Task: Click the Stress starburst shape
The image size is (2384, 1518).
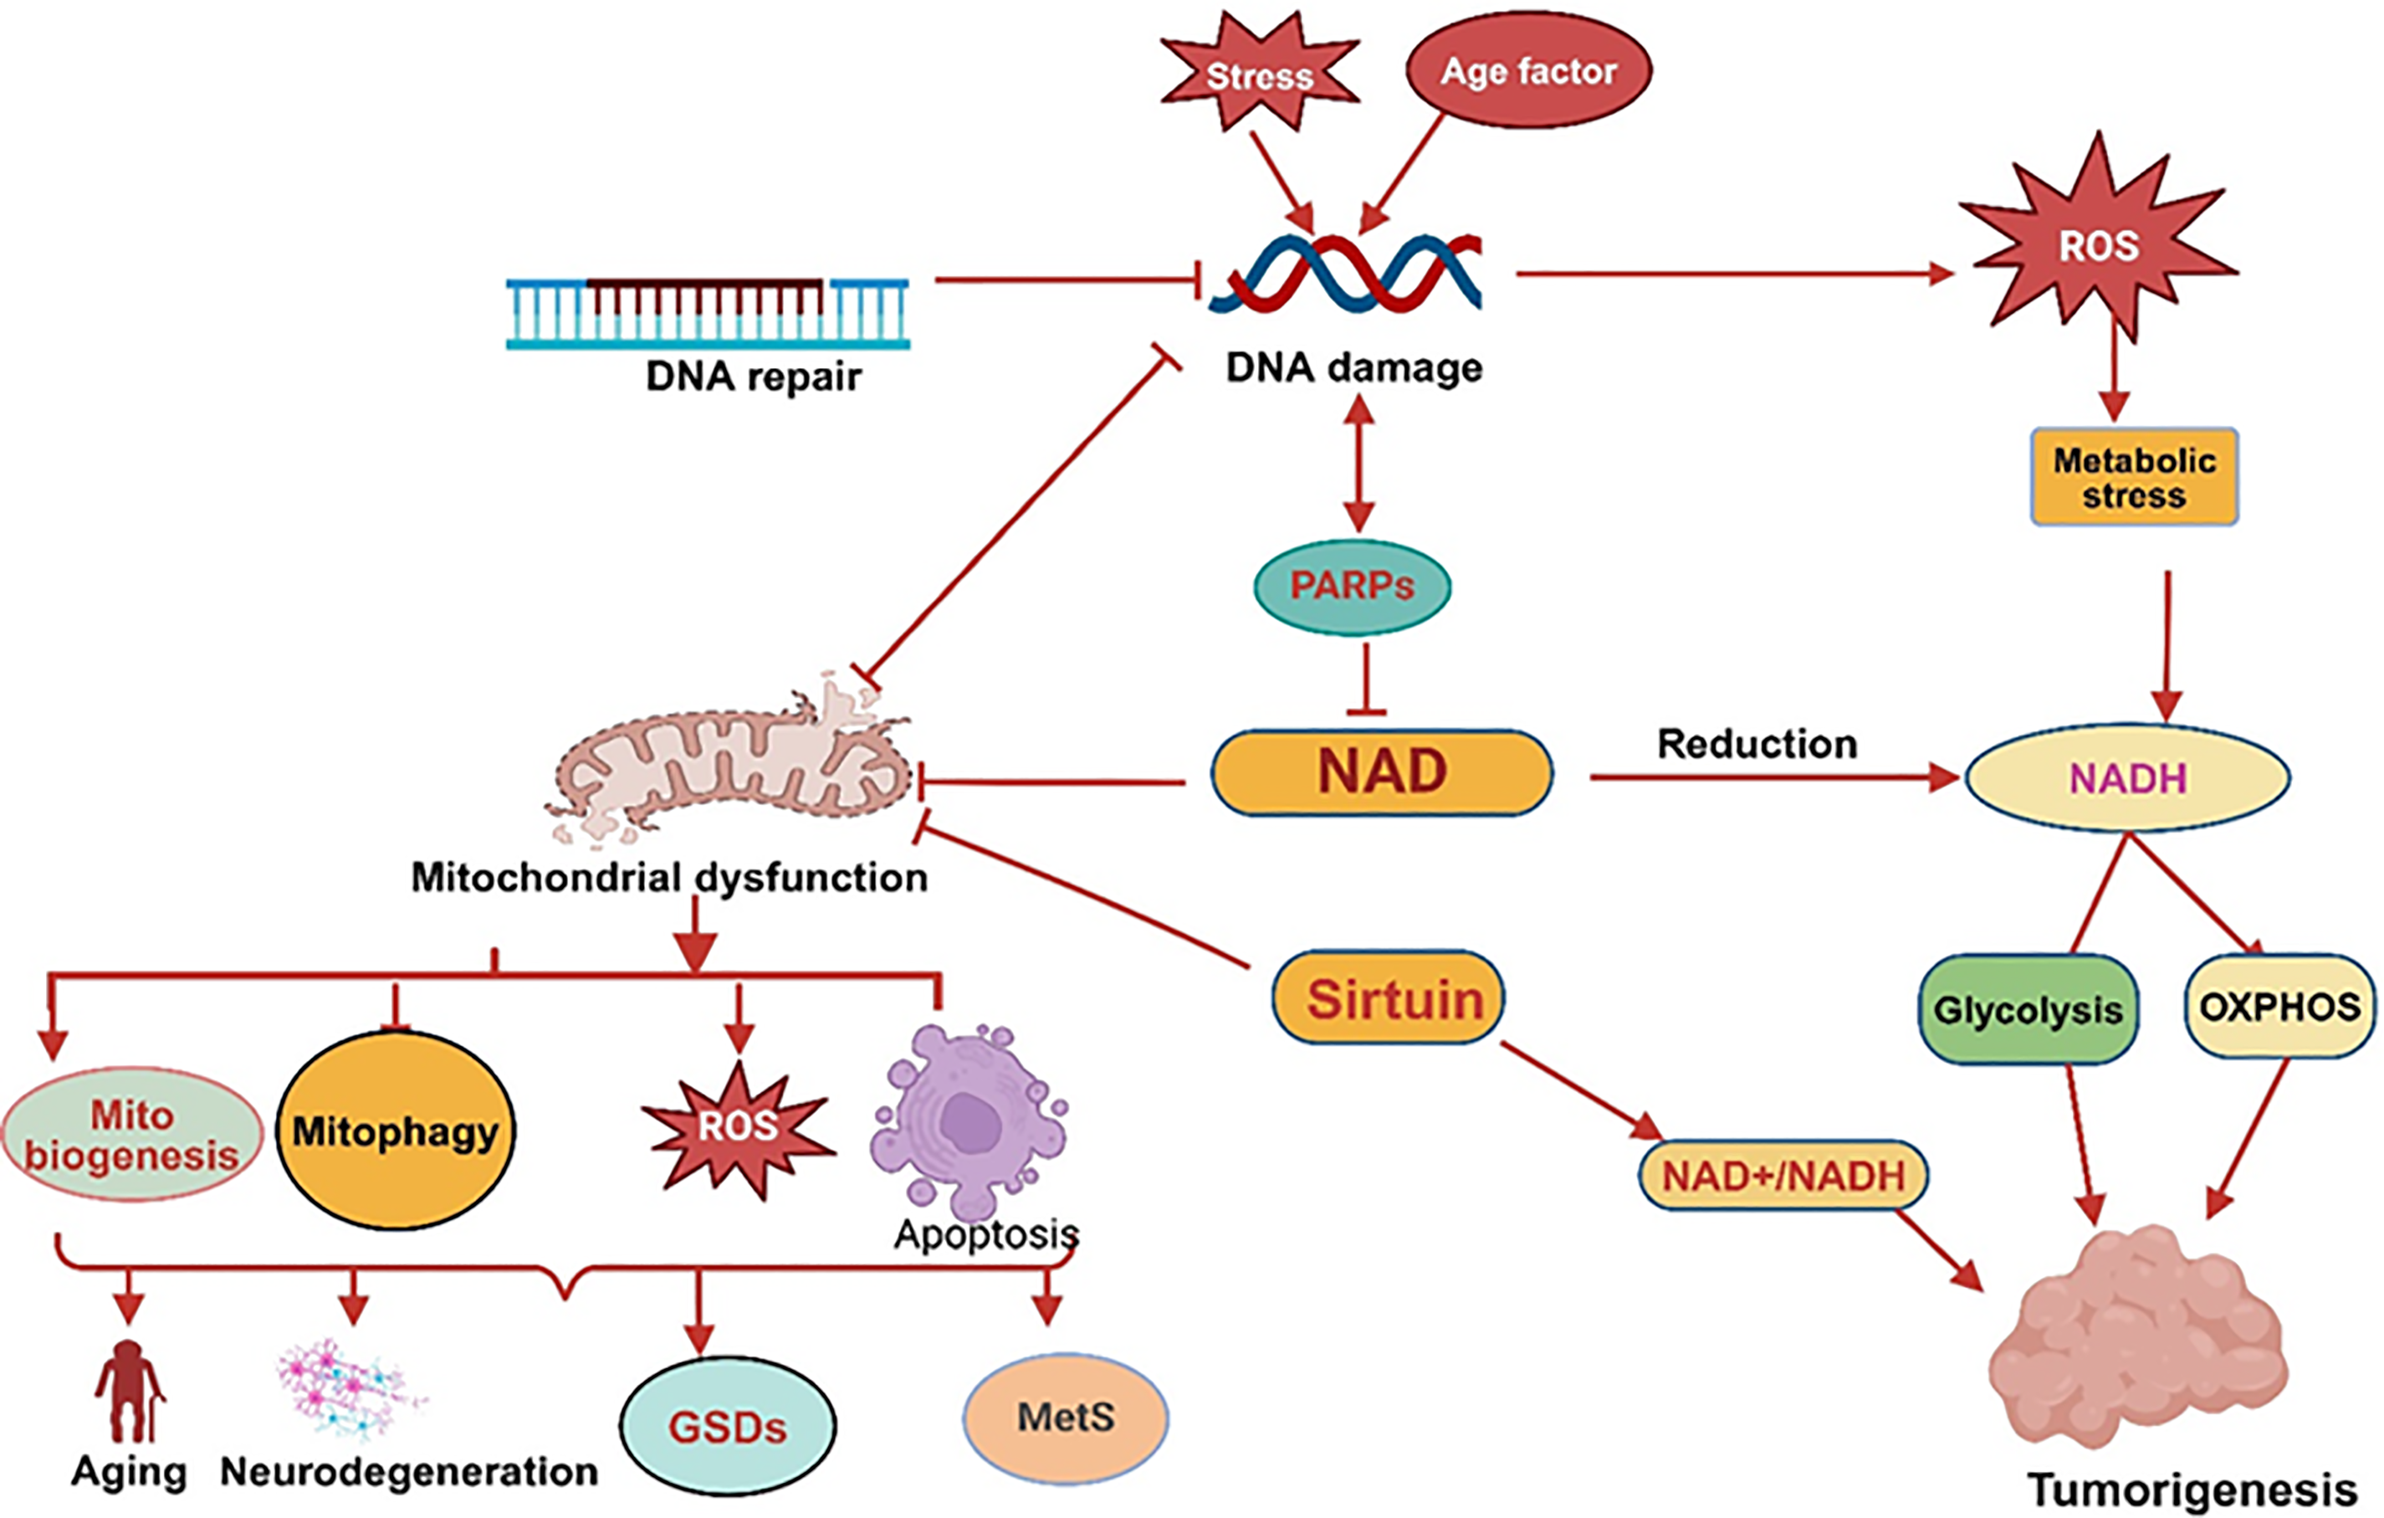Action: coord(1259,71)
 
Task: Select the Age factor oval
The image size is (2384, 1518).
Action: coord(1528,70)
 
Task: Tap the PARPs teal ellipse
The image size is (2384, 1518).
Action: coord(1353,587)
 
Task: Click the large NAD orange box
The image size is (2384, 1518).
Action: coord(1382,772)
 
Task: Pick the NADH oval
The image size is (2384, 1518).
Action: coord(2127,778)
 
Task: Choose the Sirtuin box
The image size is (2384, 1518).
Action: coord(1388,998)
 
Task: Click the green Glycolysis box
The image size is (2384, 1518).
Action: coord(2028,1009)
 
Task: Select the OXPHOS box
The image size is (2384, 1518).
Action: coord(2279,1006)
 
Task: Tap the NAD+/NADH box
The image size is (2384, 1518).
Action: coord(1783,1176)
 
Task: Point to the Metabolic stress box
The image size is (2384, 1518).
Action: coord(2135,476)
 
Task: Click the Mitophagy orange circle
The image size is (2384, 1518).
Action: coord(395,1130)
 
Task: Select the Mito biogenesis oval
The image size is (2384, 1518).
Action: coord(131,1135)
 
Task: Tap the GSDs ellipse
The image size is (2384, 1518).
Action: coord(728,1426)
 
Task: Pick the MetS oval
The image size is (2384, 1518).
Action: coord(1066,1418)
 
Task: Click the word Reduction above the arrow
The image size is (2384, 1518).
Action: coord(1757,744)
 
